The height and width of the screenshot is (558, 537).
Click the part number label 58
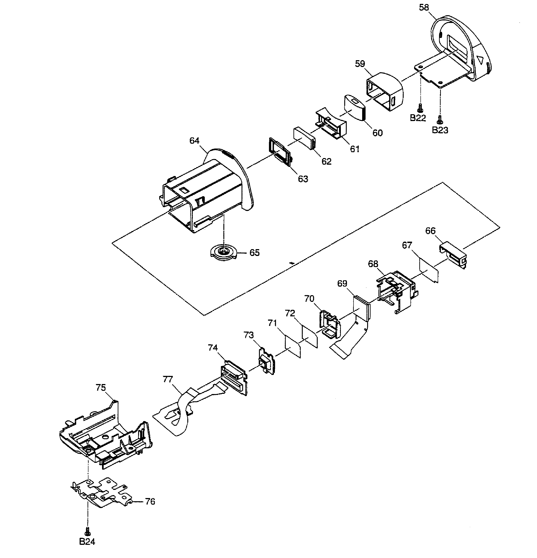424,8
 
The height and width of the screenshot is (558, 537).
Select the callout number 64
194,141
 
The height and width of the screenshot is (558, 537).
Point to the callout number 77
168,379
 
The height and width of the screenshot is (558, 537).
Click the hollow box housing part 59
384,91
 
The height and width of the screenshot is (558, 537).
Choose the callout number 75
101,387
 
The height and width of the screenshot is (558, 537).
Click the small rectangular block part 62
304,137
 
